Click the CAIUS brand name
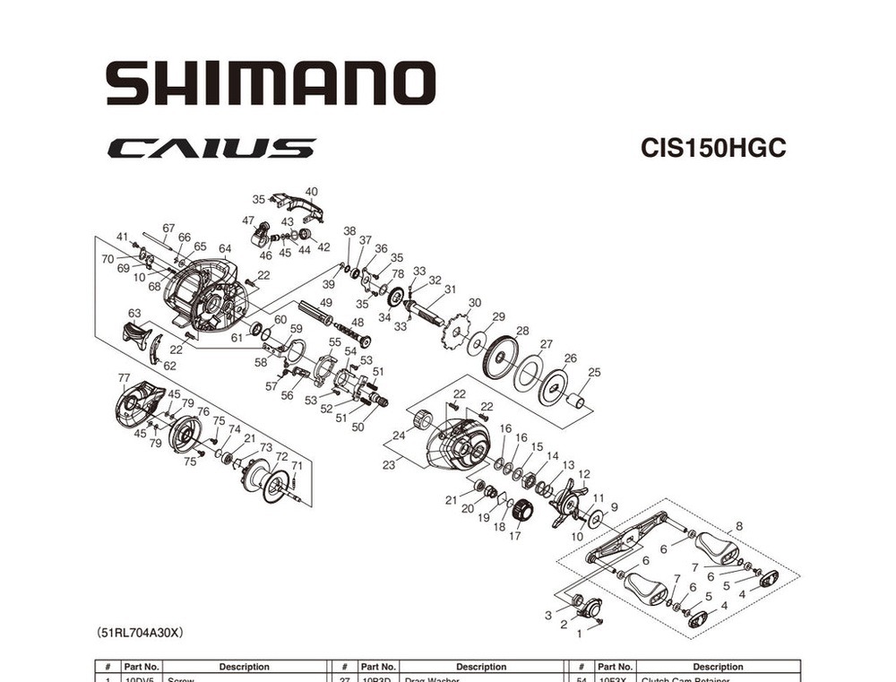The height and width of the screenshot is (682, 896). [x=211, y=148]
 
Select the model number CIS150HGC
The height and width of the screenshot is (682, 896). [x=713, y=148]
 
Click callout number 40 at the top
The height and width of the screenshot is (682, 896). [x=311, y=192]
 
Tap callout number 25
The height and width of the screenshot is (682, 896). [x=594, y=372]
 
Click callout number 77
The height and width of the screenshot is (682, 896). [x=124, y=377]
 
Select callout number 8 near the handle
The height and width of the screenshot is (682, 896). [x=738, y=526]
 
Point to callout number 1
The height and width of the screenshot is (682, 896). [x=579, y=634]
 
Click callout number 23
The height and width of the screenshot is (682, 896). [x=389, y=465]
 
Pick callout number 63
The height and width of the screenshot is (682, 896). [x=134, y=314]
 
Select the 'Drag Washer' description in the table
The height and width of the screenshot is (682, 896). [x=433, y=679]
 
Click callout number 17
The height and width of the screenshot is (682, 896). [x=514, y=536]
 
